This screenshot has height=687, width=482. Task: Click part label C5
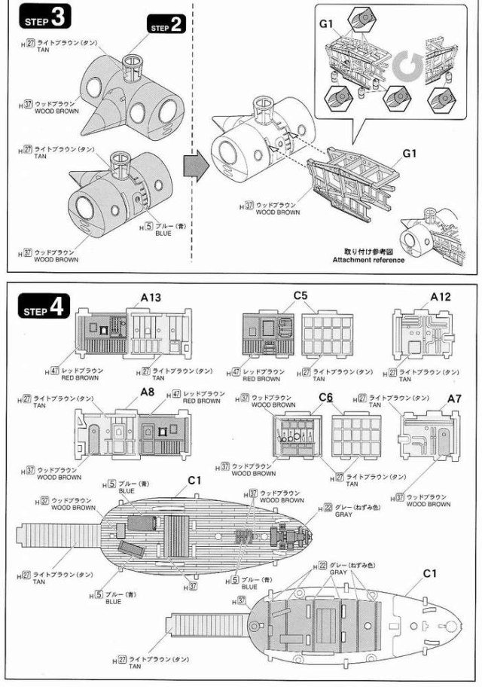(301, 297)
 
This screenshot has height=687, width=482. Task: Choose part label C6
(326, 398)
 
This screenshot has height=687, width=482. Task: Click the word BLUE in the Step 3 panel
(162, 234)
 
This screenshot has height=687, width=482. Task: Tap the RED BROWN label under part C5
(264, 379)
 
